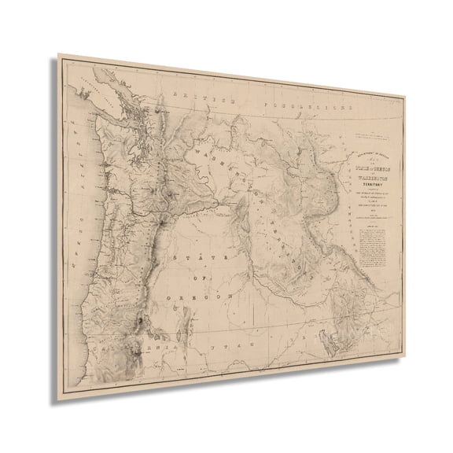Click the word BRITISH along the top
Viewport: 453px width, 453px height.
(207, 98)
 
